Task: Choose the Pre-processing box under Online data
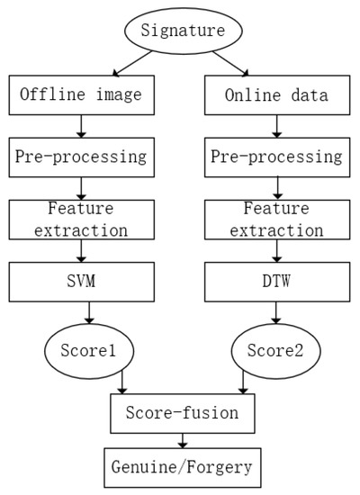point(274,157)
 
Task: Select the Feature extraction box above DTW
point(274,220)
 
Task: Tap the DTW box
point(274,283)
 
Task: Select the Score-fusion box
point(184,412)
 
